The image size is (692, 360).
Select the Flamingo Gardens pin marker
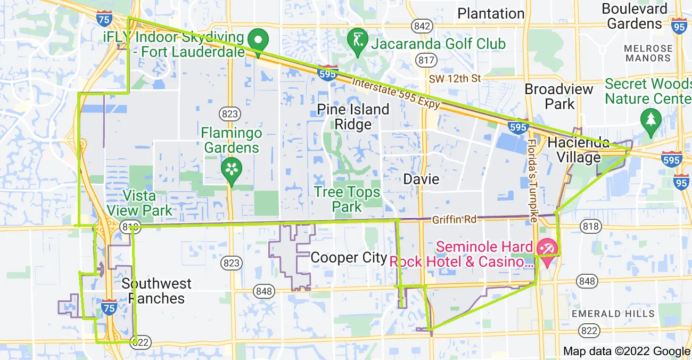tap(231, 169)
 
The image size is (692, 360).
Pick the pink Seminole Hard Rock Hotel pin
tap(547, 248)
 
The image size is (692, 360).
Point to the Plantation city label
tap(491, 13)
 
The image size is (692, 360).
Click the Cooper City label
tap(349, 258)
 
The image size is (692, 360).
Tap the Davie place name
tap(421, 179)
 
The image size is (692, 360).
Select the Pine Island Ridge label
tap(353, 117)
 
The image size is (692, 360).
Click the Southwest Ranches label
tap(156, 291)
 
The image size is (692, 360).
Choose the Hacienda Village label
tap(578, 150)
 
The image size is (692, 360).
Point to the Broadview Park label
tap(559, 96)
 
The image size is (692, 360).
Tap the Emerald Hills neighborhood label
tap(613, 314)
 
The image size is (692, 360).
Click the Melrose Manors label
tap(648, 53)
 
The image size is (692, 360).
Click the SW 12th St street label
tap(455, 79)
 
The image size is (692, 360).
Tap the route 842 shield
tap(422, 26)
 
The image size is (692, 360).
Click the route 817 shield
tap(426, 60)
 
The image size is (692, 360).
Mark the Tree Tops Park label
tap(347, 199)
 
